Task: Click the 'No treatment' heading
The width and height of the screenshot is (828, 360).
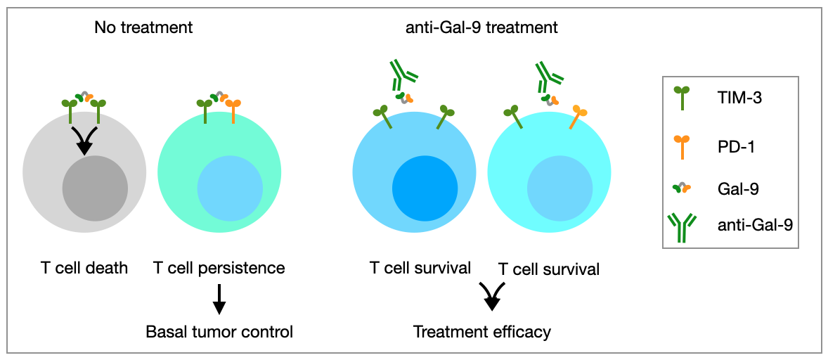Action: [143, 28]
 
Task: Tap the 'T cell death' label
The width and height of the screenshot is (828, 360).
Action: [84, 268]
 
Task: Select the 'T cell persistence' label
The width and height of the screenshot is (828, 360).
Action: [219, 268]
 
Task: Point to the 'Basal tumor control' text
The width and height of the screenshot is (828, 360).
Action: [219, 331]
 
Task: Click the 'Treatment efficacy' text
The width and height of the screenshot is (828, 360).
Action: [482, 331]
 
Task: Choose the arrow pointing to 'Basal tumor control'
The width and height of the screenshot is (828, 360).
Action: [219, 299]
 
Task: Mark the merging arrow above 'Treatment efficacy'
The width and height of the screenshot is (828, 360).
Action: [491, 296]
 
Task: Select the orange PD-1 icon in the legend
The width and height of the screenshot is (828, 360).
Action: [681, 148]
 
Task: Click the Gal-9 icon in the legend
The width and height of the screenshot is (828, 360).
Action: [681, 188]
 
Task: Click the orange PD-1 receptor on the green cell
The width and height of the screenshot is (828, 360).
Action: [234, 110]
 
